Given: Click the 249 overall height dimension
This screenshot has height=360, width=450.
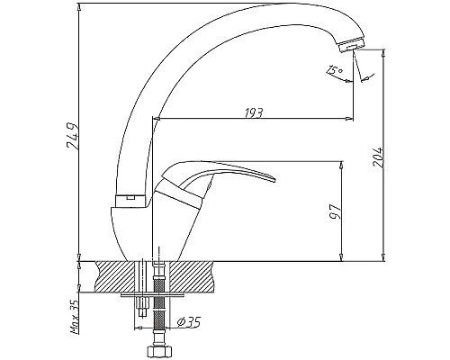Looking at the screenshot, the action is (x=73, y=136).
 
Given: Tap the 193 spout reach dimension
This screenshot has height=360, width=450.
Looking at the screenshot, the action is (x=254, y=112).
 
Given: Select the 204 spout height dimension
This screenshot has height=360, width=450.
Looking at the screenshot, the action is (x=377, y=157).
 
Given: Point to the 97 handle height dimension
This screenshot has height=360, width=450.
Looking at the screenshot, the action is (x=336, y=211).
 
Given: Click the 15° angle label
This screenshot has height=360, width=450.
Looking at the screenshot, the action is (x=334, y=70).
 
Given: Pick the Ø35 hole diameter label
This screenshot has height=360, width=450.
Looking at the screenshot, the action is (x=188, y=322).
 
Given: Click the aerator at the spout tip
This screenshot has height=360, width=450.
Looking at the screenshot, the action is (x=351, y=45).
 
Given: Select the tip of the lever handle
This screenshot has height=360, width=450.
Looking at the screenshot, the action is (x=274, y=180).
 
